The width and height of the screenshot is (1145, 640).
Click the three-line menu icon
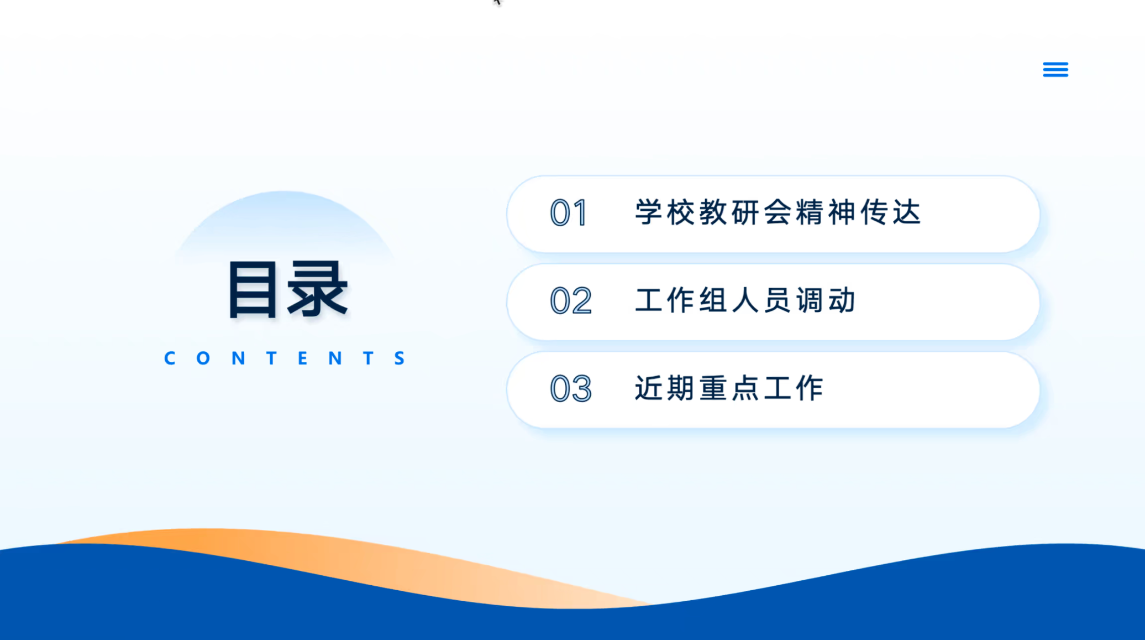pos(1055,70)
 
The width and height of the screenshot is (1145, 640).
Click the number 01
pos(568,213)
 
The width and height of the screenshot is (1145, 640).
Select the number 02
pos(571,301)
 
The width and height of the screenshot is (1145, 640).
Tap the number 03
pos(571,388)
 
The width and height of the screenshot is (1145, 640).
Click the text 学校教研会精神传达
pos(778,212)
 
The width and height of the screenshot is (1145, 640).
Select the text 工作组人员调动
pos(745,300)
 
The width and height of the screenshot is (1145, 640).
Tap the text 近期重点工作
pos(729,388)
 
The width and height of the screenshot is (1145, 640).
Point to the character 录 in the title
pos(318,289)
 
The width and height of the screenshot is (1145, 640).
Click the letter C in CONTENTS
pos(170,358)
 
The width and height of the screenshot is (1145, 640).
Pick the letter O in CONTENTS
pos(203,358)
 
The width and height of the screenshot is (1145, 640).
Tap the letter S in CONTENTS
pos(400,358)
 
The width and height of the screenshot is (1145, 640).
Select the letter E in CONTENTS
pos(302,358)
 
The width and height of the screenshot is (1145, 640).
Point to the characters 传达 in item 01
pos(891,212)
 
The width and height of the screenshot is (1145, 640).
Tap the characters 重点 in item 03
pos(729,388)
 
